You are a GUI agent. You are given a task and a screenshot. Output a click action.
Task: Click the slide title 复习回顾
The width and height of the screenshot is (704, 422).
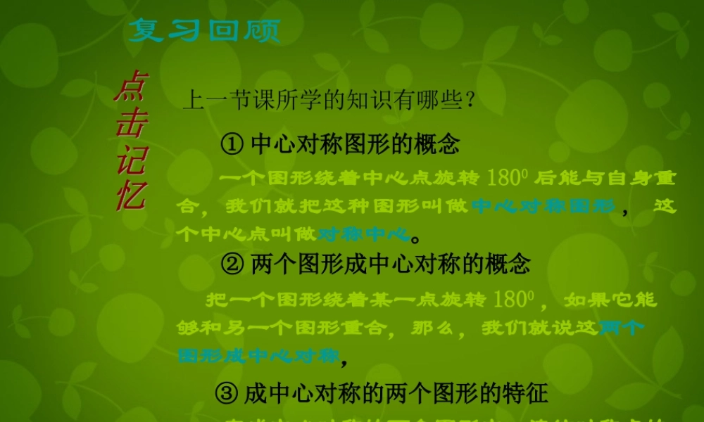204,30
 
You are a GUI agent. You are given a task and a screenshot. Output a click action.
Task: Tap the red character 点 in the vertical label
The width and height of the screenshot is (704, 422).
131,88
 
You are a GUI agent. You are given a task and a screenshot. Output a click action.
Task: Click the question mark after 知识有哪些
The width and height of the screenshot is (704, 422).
470,100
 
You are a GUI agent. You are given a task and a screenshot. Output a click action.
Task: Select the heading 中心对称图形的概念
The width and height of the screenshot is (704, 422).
355,145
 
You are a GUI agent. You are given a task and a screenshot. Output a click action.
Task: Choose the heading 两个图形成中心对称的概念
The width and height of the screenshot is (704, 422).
390,264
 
